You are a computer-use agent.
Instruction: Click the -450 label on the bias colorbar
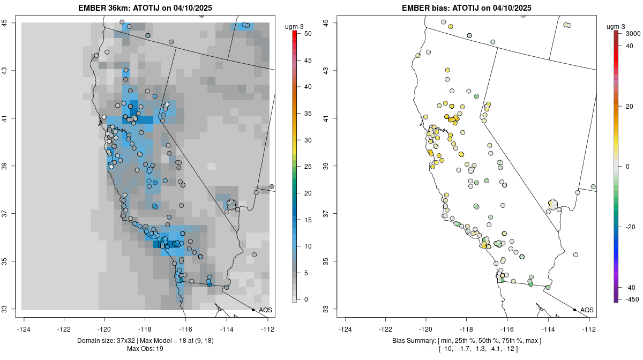point(630,299)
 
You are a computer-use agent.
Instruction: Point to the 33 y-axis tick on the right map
point(332,309)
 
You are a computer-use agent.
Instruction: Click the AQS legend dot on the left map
point(253,310)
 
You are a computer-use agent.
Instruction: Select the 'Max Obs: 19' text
point(145,349)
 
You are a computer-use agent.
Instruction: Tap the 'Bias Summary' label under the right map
point(413,341)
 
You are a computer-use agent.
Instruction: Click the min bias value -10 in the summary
point(446,349)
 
